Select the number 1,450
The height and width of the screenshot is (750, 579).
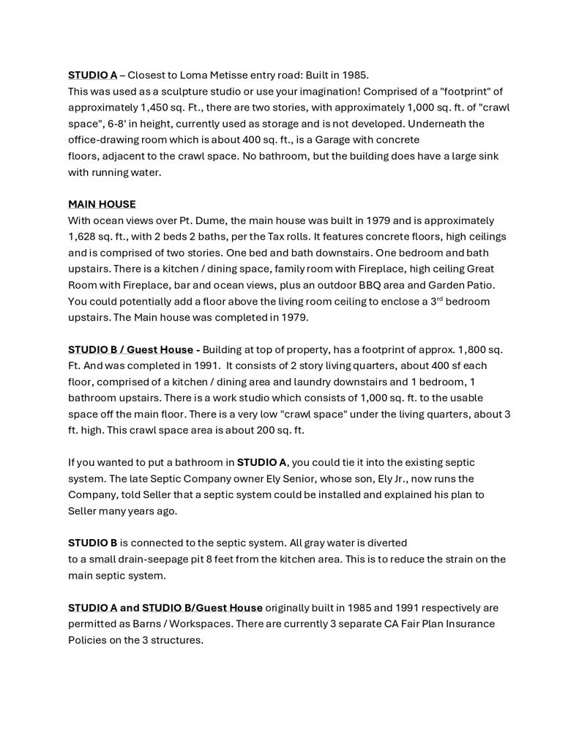pyautogui.click(x=148, y=108)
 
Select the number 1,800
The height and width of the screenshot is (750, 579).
pyautogui.click(x=466, y=349)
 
